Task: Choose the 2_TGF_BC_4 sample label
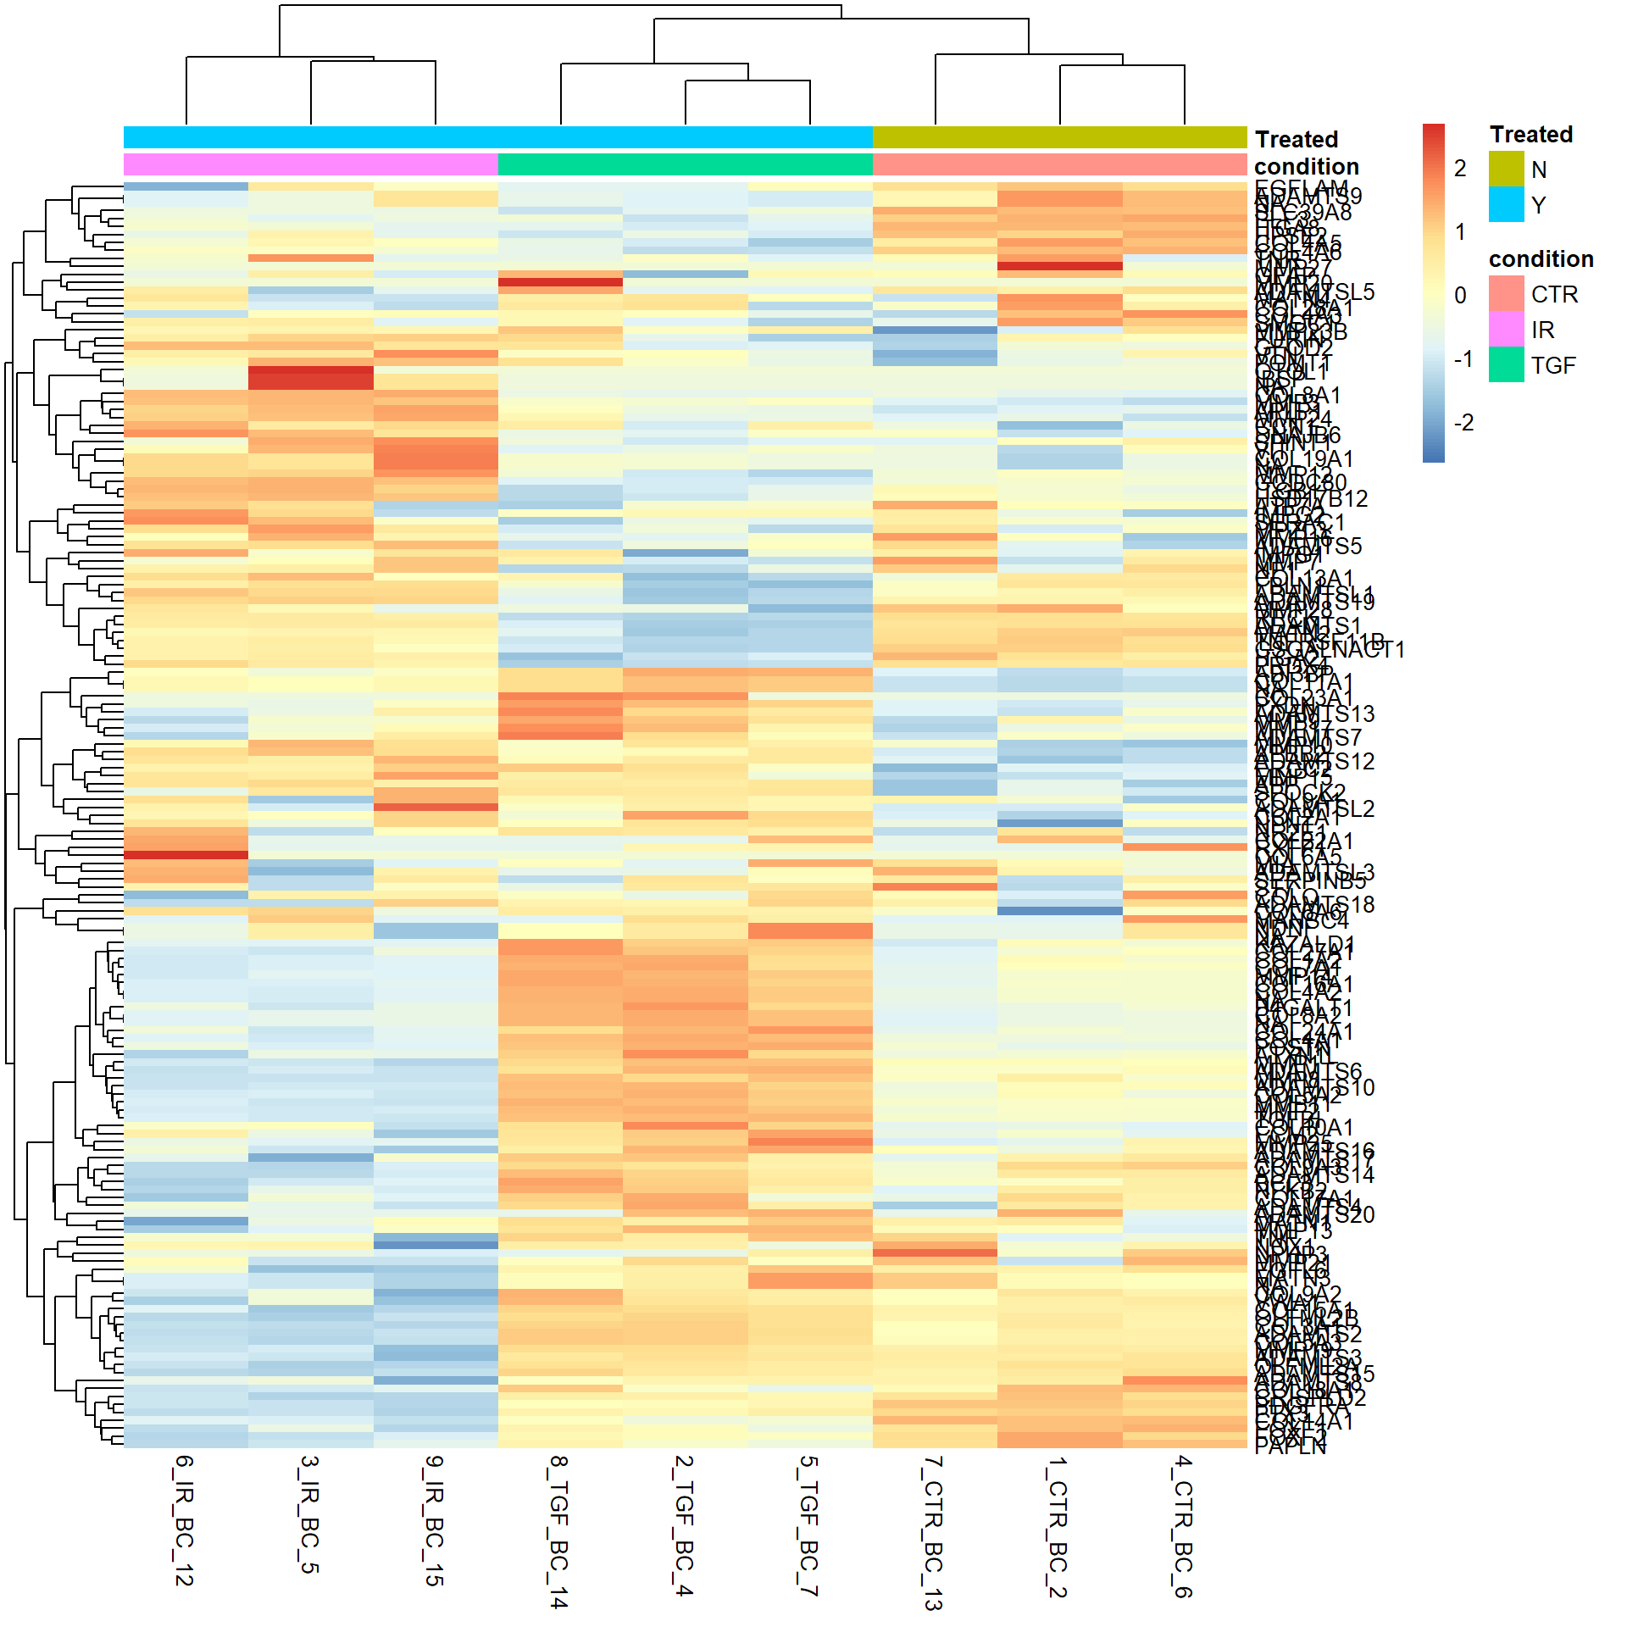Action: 684,1524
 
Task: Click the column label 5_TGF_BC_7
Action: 808,1524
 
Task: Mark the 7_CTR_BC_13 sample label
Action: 933,1532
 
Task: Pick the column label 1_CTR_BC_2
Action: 1058,1526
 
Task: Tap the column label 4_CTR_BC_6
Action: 1183,1526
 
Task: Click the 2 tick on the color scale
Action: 1460,169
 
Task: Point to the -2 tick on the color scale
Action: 1463,423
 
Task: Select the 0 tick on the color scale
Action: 1460,296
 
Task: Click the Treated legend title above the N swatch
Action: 1531,135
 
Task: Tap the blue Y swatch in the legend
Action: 1506,204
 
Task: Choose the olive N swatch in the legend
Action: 1506,169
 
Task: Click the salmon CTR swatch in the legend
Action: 1506,293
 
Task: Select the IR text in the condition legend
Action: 1542,330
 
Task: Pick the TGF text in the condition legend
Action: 1553,365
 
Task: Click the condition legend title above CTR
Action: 1541,259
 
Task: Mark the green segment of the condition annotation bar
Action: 685,164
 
